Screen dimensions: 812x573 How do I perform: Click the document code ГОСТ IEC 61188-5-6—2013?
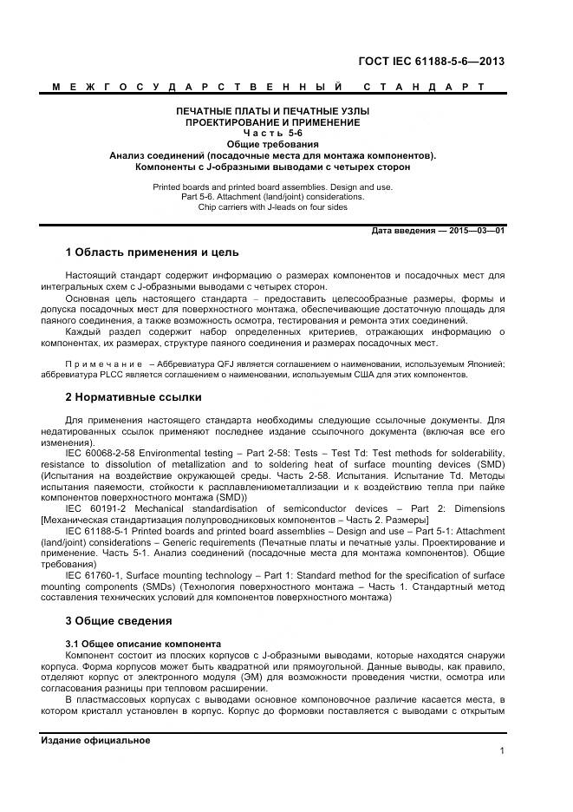431,61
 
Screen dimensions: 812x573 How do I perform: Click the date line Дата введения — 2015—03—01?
437,231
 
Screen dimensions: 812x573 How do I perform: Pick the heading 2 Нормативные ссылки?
133,397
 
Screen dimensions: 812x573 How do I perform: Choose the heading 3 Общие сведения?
119,620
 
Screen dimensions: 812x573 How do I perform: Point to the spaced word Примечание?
101,364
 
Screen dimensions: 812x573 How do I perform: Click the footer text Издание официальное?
95,740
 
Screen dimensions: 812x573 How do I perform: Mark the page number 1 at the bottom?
502,751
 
